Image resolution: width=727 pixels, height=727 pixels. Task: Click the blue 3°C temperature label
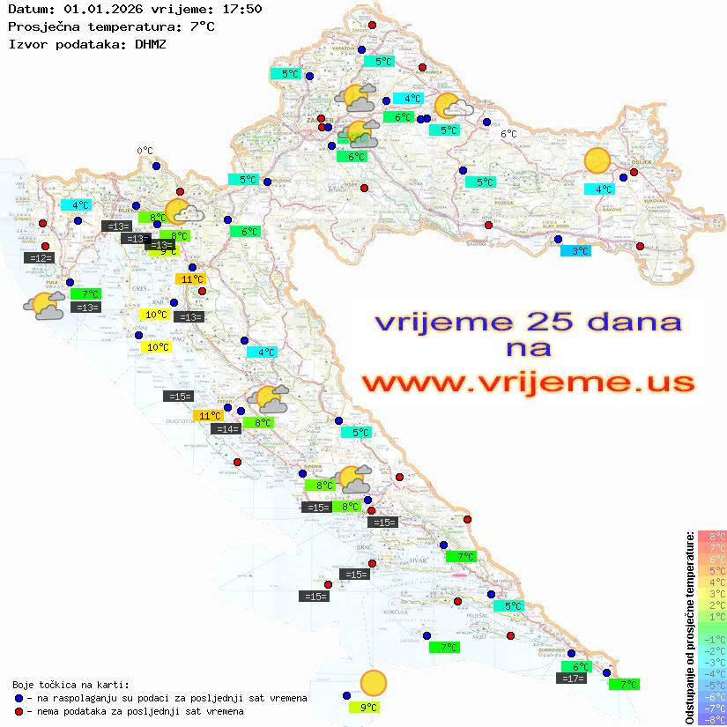576,251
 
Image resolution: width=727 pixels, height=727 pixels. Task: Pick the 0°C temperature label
145,151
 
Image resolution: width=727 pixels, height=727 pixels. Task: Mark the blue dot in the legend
19,698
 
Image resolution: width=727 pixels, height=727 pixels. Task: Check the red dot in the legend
19,711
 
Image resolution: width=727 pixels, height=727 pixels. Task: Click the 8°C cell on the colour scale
712,536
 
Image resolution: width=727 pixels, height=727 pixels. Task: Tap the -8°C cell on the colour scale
712,719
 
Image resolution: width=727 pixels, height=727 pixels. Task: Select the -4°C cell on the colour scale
712,673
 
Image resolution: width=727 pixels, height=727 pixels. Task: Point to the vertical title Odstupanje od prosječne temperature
690,627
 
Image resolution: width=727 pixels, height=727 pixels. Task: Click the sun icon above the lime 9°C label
374,683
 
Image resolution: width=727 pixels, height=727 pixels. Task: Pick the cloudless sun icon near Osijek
597,161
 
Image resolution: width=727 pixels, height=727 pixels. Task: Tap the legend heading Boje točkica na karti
70,685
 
